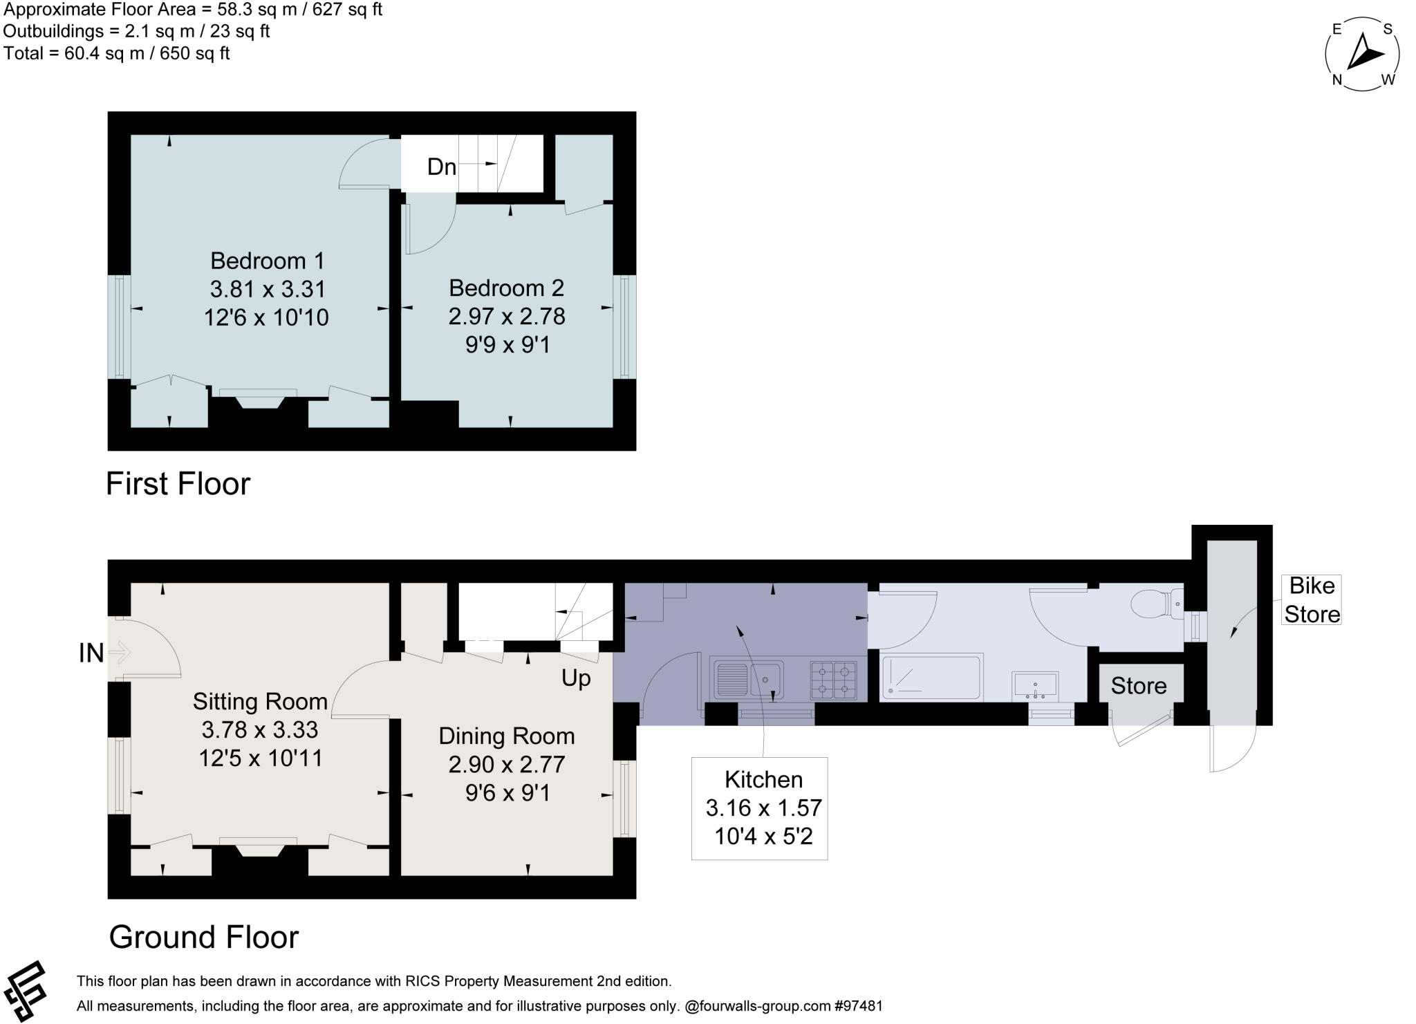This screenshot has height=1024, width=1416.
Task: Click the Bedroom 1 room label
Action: pyautogui.click(x=267, y=261)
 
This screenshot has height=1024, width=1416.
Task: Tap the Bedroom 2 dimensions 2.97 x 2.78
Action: pyautogui.click(x=507, y=317)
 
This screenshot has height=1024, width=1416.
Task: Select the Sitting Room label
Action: pyautogui.click(x=260, y=701)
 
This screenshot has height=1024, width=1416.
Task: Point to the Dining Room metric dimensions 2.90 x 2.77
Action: pyautogui.click(x=507, y=764)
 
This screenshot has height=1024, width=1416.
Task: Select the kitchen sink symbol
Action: pyautogui.click(x=749, y=679)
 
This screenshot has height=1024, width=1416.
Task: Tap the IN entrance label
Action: pyautogui.click(x=91, y=653)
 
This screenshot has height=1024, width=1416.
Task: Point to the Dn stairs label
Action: pyautogui.click(x=442, y=167)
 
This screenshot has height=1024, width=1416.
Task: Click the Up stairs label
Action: pyautogui.click(x=576, y=678)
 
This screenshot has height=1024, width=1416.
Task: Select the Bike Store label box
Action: pyautogui.click(x=1312, y=599)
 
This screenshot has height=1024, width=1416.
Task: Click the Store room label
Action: pyautogui.click(x=1138, y=685)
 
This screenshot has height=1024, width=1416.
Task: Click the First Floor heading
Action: pyautogui.click(x=178, y=483)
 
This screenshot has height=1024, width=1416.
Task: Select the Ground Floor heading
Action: pyautogui.click(x=204, y=937)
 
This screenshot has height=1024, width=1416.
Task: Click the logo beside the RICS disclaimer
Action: pyautogui.click(x=26, y=990)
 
